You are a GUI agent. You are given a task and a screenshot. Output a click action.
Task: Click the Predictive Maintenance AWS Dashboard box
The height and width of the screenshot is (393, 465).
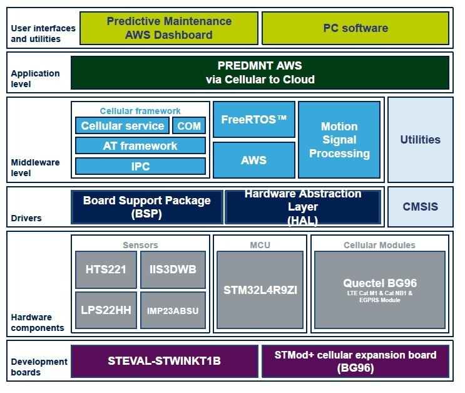click(168, 28)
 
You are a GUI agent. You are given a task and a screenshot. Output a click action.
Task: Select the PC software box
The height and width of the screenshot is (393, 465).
click(355, 28)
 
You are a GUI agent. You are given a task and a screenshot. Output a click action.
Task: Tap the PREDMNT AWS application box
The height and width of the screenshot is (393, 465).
click(260, 73)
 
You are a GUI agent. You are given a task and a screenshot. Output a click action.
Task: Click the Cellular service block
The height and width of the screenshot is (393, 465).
click(122, 126)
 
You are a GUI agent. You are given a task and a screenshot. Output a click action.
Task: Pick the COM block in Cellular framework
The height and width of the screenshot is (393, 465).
click(188, 126)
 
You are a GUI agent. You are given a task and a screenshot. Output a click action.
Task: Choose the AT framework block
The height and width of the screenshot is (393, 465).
click(140, 146)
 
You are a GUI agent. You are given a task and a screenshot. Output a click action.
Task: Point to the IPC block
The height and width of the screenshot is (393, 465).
click(140, 166)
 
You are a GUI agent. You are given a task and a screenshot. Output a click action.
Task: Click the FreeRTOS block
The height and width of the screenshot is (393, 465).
click(253, 120)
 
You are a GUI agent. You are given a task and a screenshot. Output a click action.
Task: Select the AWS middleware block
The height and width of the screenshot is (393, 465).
click(253, 160)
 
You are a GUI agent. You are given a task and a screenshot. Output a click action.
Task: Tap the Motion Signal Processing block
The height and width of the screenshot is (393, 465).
click(339, 140)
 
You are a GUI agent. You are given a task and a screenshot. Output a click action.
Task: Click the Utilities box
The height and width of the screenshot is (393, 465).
click(420, 139)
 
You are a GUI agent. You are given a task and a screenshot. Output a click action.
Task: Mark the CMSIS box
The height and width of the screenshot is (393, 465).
click(420, 206)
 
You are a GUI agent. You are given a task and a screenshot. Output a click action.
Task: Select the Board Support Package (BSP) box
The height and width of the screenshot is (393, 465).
click(146, 207)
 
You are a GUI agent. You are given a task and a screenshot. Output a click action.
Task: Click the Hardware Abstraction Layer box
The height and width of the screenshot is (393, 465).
click(303, 207)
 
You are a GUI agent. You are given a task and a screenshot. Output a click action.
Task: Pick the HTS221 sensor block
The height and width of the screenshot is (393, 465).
click(105, 270)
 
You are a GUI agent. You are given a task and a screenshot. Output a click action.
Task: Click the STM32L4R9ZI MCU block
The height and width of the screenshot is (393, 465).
click(260, 290)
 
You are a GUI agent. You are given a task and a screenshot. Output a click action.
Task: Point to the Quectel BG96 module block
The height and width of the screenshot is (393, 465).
click(380, 290)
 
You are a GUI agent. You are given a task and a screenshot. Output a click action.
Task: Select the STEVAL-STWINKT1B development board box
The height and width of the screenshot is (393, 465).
click(164, 361)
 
